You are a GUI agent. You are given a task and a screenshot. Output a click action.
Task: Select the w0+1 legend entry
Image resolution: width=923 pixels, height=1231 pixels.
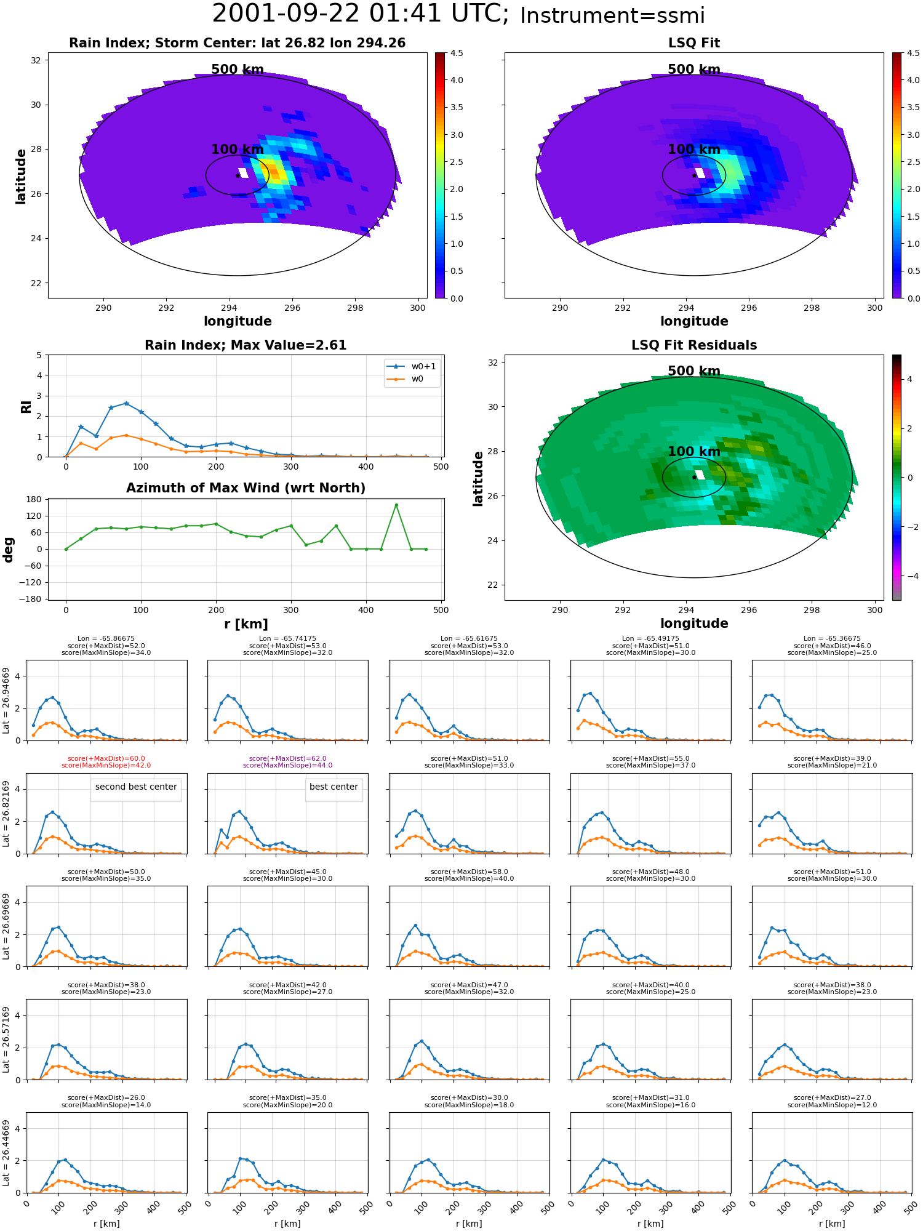pos(412,366)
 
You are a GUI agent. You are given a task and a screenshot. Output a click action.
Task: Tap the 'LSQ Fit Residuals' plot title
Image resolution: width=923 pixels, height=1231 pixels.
pos(694,345)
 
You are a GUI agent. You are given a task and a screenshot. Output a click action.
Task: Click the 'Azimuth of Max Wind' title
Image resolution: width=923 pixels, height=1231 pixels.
pos(246,488)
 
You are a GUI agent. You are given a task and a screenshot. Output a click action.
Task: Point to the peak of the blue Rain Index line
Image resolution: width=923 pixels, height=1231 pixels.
pos(126,403)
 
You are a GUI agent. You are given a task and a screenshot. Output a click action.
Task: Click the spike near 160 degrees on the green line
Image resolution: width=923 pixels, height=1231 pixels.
pos(396,505)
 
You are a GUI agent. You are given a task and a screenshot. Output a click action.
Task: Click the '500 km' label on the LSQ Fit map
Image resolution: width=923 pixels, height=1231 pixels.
pos(694,70)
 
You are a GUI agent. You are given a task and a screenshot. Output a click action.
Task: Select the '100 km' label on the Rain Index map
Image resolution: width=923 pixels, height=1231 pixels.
pos(238,150)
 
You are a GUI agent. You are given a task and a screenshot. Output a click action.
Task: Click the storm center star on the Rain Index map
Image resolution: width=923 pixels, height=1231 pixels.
pos(238,175)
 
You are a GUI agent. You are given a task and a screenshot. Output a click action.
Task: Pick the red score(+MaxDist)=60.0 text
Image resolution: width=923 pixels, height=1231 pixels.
pos(106,759)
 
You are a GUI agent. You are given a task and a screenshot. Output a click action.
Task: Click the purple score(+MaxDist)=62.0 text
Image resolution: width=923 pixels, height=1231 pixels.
pos(288,759)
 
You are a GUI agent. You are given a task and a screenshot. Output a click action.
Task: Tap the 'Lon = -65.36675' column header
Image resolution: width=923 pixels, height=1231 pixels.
pos(833,639)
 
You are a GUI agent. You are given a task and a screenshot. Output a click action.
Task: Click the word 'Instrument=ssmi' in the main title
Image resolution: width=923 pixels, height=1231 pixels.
pos(612,16)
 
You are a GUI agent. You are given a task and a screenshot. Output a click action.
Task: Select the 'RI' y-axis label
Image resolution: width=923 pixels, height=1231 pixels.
pos(26,407)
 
